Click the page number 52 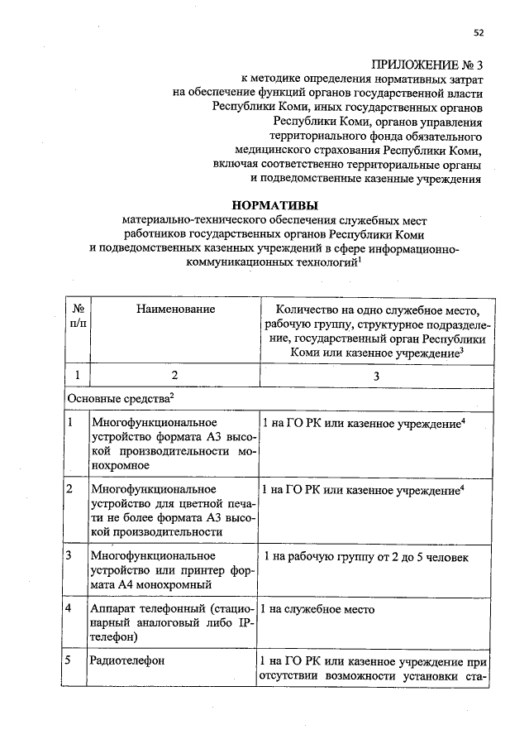click(478, 32)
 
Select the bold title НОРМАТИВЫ click(272, 204)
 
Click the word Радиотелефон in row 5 click(128, 661)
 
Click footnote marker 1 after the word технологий click(363, 259)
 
